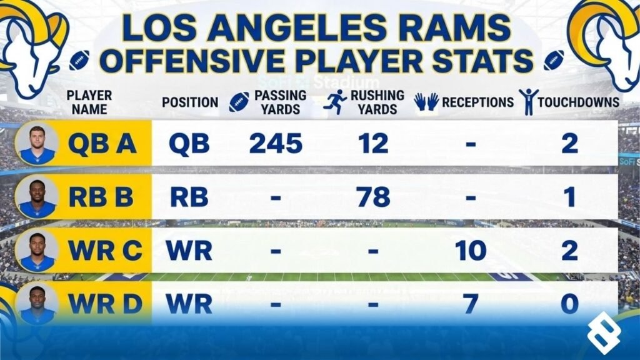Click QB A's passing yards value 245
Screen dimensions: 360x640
click(276, 144)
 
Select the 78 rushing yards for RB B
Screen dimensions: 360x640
click(374, 197)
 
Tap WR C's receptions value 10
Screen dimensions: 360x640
click(471, 250)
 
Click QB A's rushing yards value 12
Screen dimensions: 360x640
click(374, 144)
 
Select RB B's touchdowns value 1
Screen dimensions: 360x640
click(568, 197)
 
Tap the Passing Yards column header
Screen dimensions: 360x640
click(280, 102)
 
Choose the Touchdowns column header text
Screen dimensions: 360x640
click(579, 102)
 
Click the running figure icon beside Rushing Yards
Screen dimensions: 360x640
click(335, 101)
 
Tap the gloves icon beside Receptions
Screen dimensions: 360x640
click(427, 102)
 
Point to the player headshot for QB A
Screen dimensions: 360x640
click(37, 143)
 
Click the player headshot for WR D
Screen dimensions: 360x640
click(37, 303)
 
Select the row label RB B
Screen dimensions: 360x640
click(101, 197)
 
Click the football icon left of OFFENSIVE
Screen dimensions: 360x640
click(79, 61)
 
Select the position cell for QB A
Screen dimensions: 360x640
click(189, 144)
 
